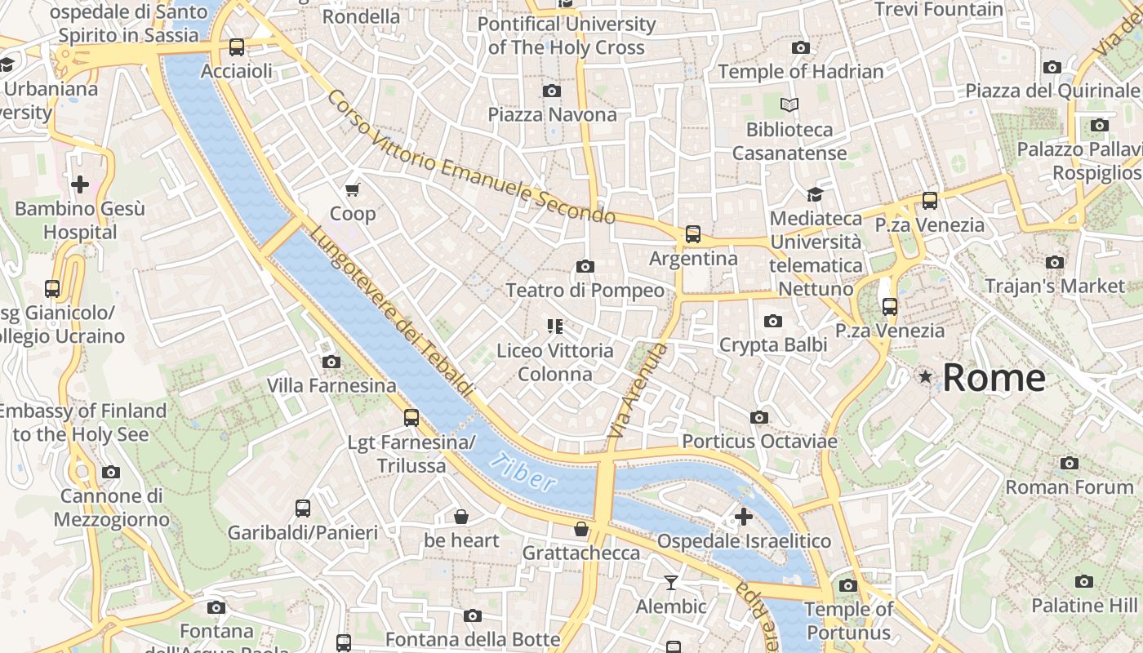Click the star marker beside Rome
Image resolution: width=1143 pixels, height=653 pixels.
pyautogui.click(x=925, y=376)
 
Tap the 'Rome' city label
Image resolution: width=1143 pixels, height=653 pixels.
pyautogui.click(x=994, y=378)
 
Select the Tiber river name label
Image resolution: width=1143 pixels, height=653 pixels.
pyautogui.click(x=523, y=471)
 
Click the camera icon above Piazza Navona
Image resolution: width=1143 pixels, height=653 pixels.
pyautogui.click(x=552, y=91)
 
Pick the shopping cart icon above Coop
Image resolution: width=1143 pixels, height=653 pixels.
pyautogui.click(x=353, y=190)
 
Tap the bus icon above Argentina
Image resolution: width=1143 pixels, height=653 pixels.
pyautogui.click(x=693, y=234)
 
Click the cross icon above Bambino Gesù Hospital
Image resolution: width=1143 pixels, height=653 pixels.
pyautogui.click(x=80, y=184)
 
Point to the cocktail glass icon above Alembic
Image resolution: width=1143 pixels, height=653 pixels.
pyautogui.click(x=671, y=582)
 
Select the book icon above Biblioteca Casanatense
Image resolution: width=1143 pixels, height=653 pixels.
pyautogui.click(x=789, y=104)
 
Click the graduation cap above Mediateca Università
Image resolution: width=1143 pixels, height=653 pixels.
pyautogui.click(x=815, y=194)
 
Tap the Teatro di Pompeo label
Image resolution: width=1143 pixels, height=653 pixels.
pyautogui.click(x=585, y=291)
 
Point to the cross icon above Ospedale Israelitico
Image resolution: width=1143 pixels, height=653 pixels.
pyautogui.click(x=743, y=517)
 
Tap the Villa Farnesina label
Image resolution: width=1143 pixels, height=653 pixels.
pyautogui.click(x=331, y=385)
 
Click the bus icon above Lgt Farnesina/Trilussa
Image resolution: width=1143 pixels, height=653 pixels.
pyautogui.click(x=411, y=418)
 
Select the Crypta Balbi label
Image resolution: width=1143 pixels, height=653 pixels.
pyautogui.click(x=772, y=345)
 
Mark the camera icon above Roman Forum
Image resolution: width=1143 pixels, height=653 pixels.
pyautogui.click(x=1070, y=463)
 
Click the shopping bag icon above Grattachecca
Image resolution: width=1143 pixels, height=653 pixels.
pyautogui.click(x=581, y=529)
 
